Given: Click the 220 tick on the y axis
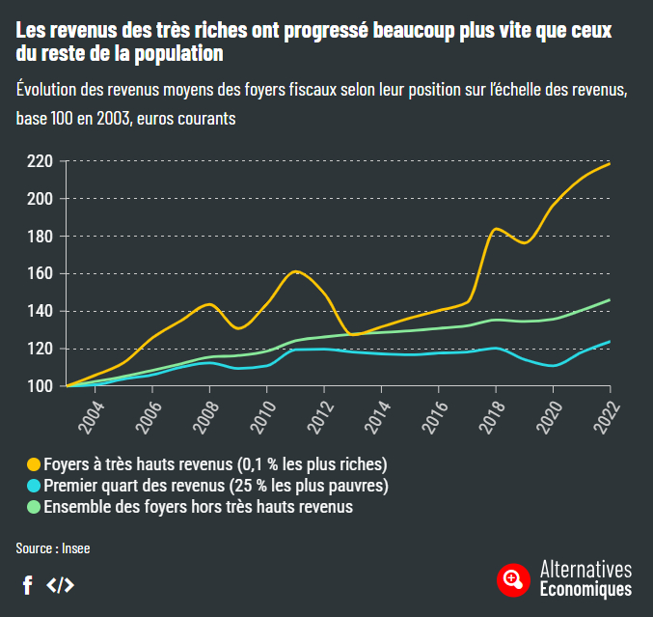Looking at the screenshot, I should pos(39,161).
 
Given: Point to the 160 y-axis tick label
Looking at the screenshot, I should pos(39,273).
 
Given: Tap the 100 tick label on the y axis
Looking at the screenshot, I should pos(39,386).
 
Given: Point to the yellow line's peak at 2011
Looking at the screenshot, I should pos(296,271).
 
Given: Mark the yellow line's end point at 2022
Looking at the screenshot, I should pos(610,164).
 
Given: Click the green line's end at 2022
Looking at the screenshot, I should pos(610,300).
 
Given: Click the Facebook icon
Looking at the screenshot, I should pos(27,584).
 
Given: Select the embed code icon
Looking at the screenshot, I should pos(60,584).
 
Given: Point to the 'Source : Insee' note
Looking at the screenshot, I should pos(52,547).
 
